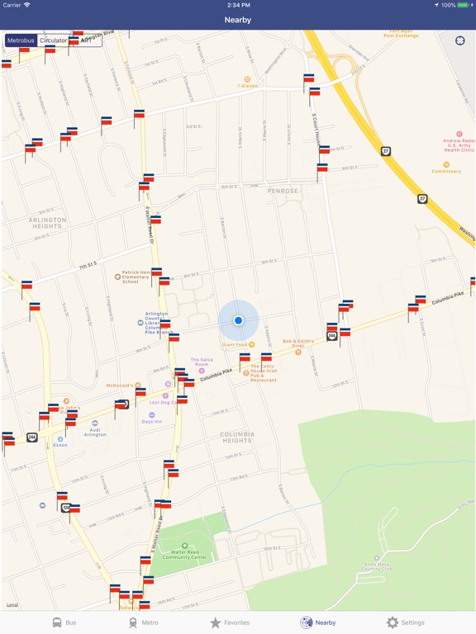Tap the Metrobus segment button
[21, 40]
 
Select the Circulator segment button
[54, 40]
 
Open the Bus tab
[64, 622]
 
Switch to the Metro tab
[143, 622]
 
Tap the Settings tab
[405, 622]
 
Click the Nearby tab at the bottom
[318, 622]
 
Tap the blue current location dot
[238, 320]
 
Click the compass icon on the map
[460, 40]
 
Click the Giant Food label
[236, 344]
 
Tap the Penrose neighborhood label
[283, 191]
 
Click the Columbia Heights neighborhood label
[236, 437]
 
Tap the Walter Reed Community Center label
[184, 553]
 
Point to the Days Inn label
[151, 421]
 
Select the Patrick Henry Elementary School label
[136, 277]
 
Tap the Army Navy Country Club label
[377, 566]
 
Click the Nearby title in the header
[238, 20]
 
